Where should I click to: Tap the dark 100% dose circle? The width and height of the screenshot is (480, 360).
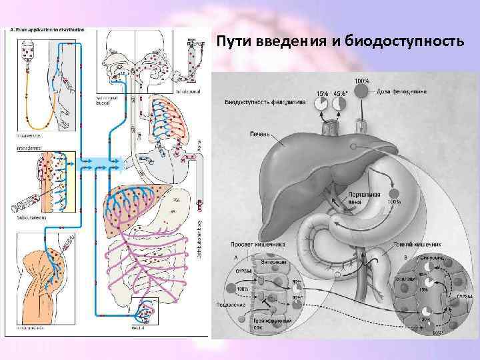tap(361, 91)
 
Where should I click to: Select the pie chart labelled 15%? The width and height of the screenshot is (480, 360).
tap(321, 103)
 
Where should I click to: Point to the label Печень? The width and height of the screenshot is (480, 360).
tap(259, 133)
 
